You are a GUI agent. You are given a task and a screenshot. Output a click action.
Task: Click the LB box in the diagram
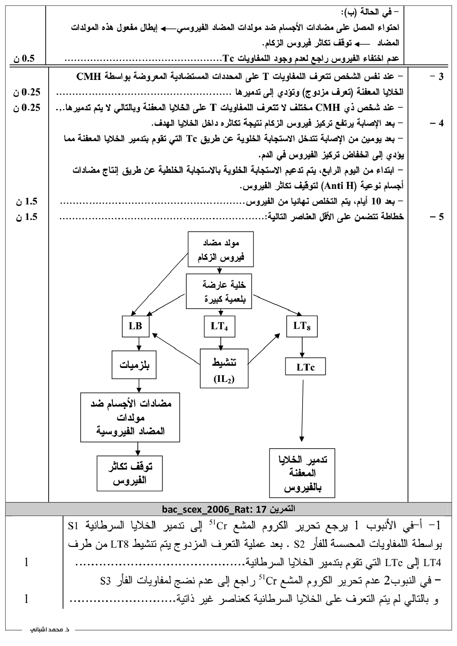[x=136, y=326]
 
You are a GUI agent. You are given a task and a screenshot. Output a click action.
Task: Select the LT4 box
[x=220, y=326]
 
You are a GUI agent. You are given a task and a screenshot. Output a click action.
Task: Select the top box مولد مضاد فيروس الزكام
[x=221, y=249]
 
